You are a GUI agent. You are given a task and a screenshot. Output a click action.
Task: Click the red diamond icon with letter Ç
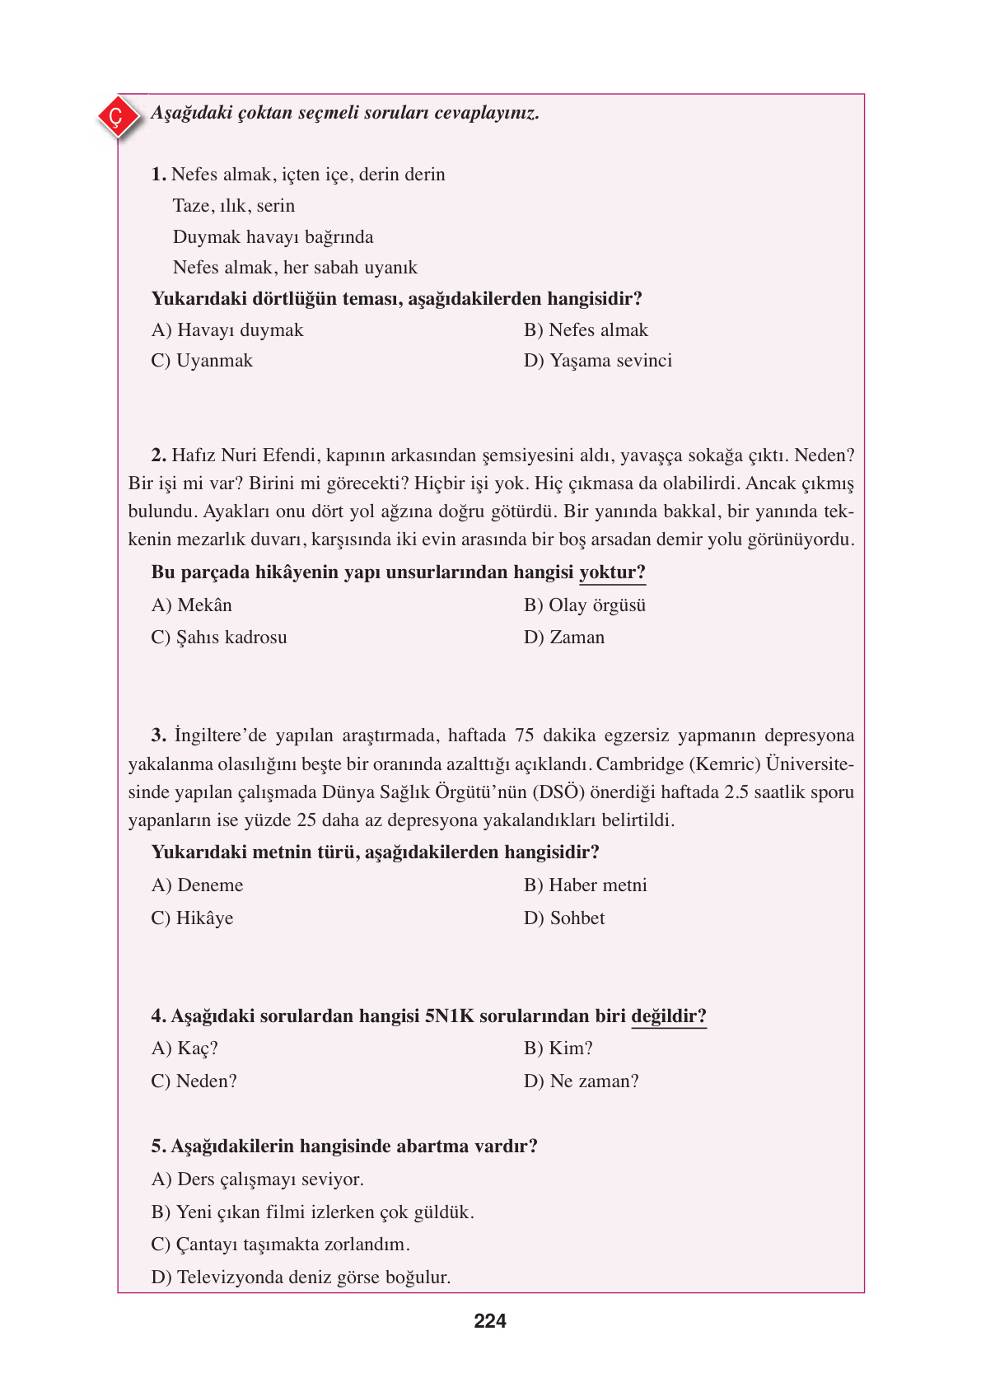116,117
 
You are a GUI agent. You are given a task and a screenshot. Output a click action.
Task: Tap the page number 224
490,1321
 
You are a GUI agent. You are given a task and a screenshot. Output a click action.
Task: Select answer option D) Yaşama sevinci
598,361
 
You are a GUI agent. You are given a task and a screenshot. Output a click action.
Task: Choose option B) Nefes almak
586,330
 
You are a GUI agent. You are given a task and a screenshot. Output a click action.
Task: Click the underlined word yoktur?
612,572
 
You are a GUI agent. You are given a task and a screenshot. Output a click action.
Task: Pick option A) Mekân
192,605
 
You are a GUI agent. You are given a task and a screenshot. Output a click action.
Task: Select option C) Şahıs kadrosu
219,637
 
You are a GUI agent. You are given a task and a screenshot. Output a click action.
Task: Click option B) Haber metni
586,885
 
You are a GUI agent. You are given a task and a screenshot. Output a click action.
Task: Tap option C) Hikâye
192,918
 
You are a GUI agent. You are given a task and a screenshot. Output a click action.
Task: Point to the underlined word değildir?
669,1016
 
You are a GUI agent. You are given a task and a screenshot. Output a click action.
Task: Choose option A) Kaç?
185,1048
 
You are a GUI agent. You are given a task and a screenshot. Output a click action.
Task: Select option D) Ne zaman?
582,1081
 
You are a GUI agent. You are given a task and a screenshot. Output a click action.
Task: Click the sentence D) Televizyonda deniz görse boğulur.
301,1277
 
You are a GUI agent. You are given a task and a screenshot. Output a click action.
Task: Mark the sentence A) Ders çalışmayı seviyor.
258,1179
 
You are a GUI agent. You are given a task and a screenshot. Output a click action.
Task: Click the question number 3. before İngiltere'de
159,736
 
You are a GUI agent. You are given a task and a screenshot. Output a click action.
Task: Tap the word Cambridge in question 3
639,764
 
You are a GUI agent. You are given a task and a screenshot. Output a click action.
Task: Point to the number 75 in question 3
524,736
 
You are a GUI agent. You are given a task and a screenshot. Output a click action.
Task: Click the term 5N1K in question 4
450,1016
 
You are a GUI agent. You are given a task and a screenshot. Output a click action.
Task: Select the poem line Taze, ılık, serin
234,206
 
